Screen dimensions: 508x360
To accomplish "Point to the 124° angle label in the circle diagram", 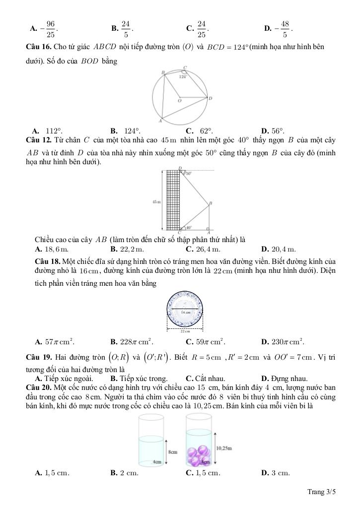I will coord(183,77).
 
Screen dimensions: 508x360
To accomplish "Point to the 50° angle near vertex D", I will coord(189,174).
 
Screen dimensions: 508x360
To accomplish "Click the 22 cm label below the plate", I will coord(185,331).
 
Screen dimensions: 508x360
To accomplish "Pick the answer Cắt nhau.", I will coord(206,379).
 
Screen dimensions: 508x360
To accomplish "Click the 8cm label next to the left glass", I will coord(173,452).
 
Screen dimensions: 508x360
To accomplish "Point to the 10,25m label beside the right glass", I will coord(224,448).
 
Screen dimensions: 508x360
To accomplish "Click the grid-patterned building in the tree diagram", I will coord(172,201).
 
